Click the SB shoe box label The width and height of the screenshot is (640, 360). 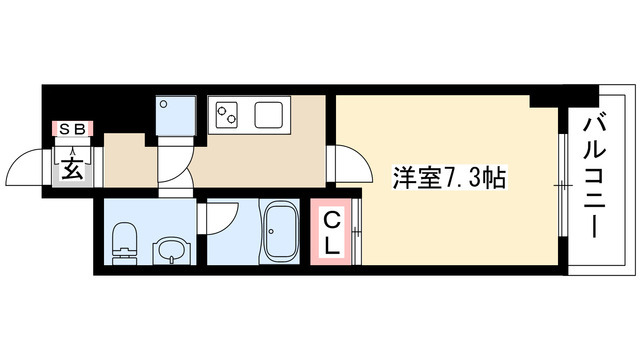pos(73,129)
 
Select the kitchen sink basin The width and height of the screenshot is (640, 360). pos(270,114)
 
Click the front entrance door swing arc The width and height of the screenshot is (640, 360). pos(33,167)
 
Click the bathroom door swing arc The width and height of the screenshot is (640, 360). pos(222,214)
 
